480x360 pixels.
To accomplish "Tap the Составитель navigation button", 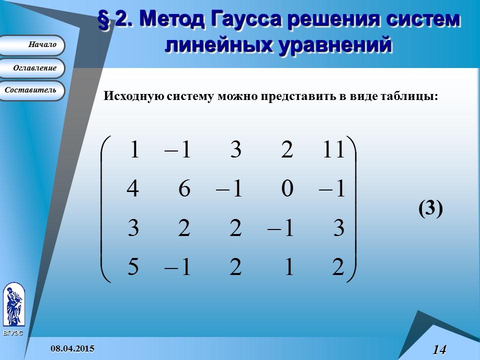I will click(x=33, y=90).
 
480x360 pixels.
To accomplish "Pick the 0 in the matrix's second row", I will click(x=286, y=189).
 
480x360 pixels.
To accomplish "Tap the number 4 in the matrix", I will click(x=132, y=189).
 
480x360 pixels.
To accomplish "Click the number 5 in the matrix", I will click(x=133, y=267).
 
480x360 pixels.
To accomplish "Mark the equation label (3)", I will click(x=430, y=208).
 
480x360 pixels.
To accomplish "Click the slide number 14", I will click(x=439, y=349).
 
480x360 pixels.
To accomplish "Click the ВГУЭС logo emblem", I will click(x=13, y=305).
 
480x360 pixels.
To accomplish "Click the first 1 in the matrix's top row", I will click(x=134, y=150).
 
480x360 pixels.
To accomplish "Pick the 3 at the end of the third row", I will click(x=338, y=228).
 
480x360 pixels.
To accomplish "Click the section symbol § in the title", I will click(x=104, y=20).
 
